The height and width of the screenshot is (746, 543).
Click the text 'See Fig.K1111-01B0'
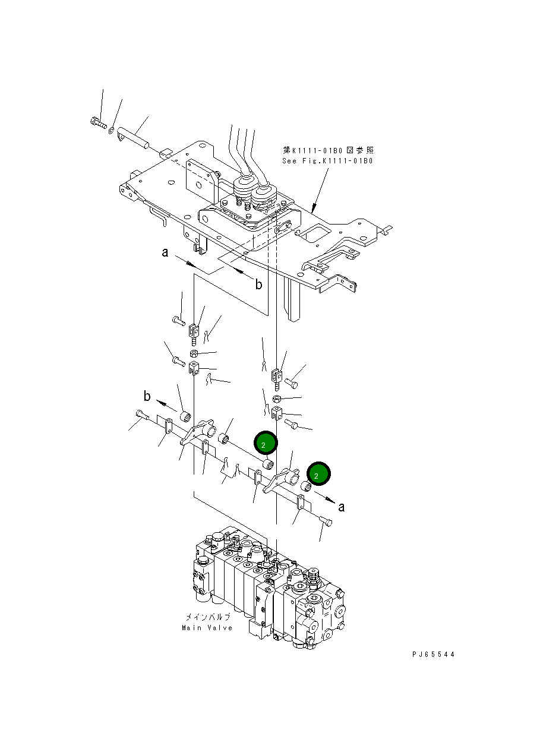(327, 161)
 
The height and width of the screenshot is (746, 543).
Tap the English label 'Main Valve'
(207, 628)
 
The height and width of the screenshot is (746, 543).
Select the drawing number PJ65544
(433, 654)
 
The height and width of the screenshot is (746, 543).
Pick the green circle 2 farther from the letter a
(266, 442)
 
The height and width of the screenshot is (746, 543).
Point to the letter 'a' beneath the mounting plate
(165, 253)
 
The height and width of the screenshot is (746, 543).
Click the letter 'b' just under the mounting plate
(258, 285)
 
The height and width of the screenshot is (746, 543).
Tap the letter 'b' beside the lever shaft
(147, 396)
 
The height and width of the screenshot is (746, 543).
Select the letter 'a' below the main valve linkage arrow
(342, 507)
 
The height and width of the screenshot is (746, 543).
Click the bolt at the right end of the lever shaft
(326, 522)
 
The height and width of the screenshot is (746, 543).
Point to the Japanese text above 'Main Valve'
(207, 617)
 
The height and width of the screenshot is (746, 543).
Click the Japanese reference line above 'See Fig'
(329, 151)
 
